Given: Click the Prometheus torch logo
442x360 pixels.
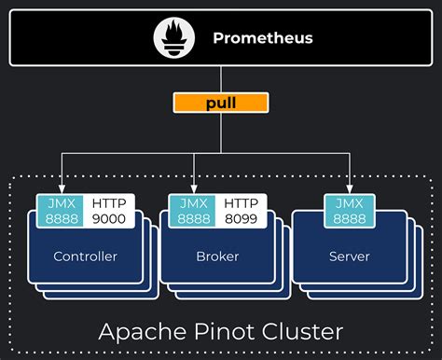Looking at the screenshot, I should tap(173, 38).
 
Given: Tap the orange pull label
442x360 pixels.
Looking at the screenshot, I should tap(220, 102).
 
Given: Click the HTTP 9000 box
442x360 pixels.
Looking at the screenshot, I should tap(110, 210).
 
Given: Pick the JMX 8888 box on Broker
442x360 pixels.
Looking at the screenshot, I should tap(192, 210).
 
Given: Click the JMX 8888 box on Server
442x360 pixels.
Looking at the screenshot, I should tap(349, 210).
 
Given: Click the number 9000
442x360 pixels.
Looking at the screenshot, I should tap(110, 217).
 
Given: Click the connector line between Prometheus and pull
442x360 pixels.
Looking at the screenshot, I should tap(220, 79).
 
